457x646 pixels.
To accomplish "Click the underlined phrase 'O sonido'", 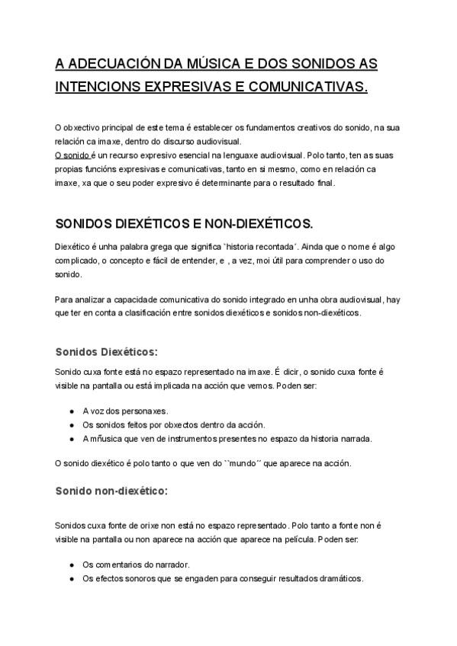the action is pos(72,153).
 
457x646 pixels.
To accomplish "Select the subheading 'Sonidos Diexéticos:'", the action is pos(106,352).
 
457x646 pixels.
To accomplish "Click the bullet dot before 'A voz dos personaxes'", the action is pos(71,411).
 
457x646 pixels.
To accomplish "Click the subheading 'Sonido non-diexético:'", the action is pos(111,491).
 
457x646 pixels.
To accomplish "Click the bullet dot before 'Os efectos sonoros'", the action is pos(71,578).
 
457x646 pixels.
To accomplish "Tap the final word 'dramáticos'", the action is pos(341,578).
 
